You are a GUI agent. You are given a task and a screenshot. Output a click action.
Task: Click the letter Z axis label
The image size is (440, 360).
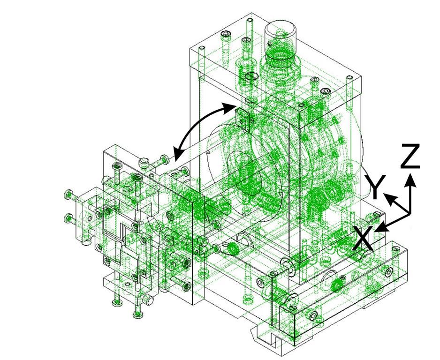coord(410,156)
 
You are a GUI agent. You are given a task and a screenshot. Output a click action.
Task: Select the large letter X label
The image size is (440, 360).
coord(363,238)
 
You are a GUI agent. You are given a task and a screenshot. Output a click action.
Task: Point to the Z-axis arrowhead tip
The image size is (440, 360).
coord(411,173)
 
